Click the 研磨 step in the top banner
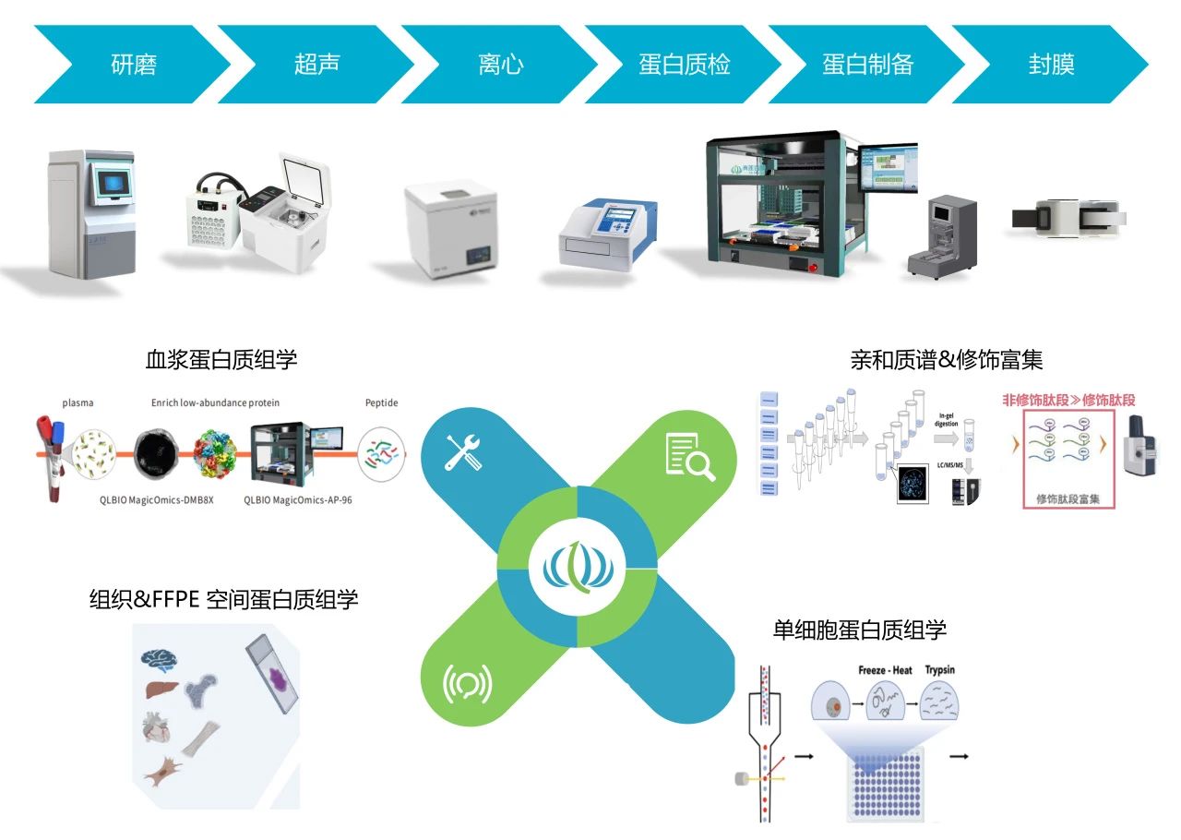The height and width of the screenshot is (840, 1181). (134, 65)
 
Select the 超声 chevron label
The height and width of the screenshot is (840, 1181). (317, 65)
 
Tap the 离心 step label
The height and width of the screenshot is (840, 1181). (501, 65)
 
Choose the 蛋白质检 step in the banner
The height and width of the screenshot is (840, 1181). (685, 65)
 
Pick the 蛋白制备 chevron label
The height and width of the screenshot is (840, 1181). (868, 65)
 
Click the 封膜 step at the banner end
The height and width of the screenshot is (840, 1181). (1051, 65)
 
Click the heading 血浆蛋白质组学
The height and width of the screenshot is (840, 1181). (221, 359)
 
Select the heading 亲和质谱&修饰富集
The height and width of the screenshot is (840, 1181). (946, 359)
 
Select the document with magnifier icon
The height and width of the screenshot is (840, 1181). (690, 454)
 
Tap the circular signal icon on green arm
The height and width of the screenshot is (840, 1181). (467, 683)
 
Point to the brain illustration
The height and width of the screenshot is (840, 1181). (159, 658)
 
